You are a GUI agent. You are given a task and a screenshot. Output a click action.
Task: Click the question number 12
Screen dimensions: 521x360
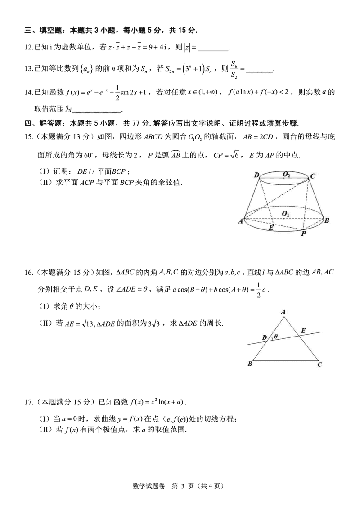28,47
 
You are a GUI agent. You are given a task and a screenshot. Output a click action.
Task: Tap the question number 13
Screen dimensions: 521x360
28,69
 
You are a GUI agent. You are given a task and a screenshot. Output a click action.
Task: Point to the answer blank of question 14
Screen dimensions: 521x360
96,109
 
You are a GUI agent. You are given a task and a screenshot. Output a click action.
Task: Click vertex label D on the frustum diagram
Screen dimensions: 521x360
256,175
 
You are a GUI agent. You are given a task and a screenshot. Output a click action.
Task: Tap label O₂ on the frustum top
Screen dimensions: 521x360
287,174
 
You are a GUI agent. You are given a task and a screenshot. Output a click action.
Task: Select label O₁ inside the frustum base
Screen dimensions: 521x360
285,212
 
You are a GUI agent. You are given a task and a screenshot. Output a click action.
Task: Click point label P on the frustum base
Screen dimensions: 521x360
304,234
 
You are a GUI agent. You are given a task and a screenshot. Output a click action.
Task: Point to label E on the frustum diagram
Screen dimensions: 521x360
271,228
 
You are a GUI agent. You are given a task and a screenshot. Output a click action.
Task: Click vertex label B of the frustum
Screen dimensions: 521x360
327,220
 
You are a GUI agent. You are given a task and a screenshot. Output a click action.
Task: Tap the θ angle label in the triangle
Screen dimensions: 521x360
275,336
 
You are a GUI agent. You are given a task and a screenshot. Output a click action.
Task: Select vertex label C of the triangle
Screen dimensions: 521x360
319,364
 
